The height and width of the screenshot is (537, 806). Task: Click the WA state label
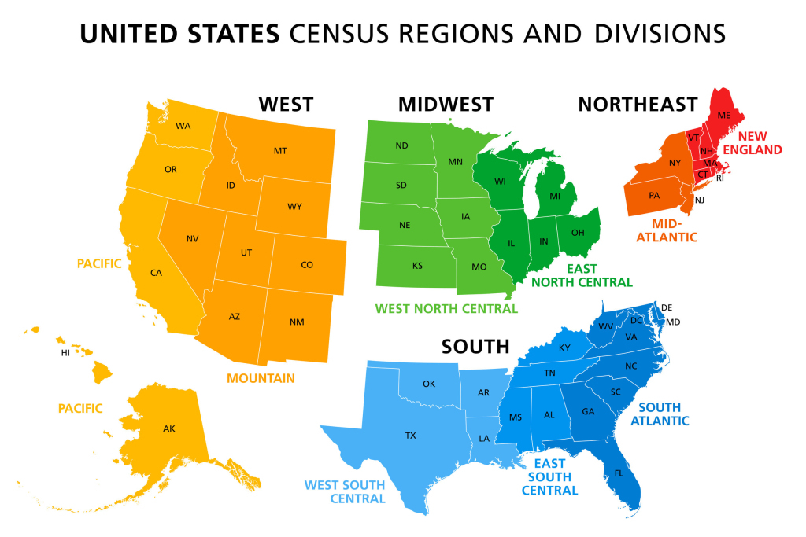point(183,126)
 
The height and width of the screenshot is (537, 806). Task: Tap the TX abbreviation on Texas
point(410,435)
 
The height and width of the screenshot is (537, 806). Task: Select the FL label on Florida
point(618,473)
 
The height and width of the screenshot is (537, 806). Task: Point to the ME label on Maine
point(724,116)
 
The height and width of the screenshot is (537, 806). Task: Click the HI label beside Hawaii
point(65,353)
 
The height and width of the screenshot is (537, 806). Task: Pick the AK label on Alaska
point(169,428)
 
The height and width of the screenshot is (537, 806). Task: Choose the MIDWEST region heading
point(446,105)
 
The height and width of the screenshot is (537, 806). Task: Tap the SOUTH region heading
point(475,347)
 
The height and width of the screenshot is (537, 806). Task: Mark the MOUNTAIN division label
point(261,378)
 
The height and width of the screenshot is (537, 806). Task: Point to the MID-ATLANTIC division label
point(666,229)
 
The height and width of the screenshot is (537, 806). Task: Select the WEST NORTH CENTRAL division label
point(446,308)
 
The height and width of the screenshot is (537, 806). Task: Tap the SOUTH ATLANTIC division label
point(664,414)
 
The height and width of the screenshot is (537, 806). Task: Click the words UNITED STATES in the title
point(180,34)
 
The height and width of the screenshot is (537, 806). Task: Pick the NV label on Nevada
point(192,238)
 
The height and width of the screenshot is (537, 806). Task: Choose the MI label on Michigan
point(555,195)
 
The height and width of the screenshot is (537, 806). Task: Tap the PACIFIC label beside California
point(99,264)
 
